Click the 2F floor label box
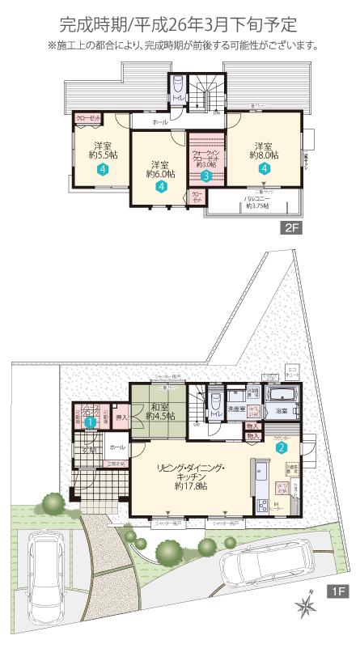[x=292, y=228]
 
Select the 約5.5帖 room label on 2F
[x=100, y=152]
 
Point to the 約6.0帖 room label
[x=160, y=173]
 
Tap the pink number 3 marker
[x=206, y=175]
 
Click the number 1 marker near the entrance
[x=91, y=421]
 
